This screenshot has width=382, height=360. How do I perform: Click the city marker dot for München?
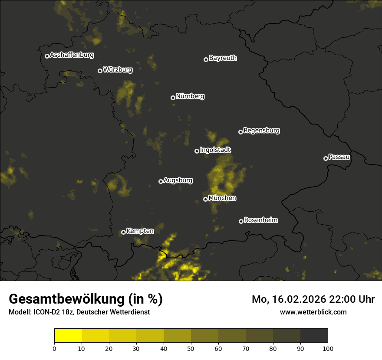click(x=206, y=200)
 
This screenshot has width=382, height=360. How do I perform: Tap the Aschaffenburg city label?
click(x=72, y=55)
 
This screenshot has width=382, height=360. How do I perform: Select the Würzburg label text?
click(x=118, y=69)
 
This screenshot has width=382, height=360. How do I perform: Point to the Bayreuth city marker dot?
click(x=206, y=59)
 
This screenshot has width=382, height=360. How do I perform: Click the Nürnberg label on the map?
click(x=190, y=96)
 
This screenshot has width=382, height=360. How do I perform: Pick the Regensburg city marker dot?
click(x=241, y=132)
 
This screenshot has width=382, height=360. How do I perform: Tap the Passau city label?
click(x=339, y=157)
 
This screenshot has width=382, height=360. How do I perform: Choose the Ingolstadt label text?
click(x=215, y=150)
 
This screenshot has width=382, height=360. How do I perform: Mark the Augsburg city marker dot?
click(x=161, y=181)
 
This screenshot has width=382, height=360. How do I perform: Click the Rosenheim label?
click(x=260, y=220)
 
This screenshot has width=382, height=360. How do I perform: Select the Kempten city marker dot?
click(x=124, y=232)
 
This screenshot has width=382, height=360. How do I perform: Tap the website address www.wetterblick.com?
click(x=313, y=312)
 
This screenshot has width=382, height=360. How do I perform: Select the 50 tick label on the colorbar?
click(x=191, y=348)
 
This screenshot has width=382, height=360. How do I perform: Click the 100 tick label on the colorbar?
click(x=328, y=348)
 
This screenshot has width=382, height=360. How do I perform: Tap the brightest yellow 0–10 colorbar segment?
click(x=68, y=336)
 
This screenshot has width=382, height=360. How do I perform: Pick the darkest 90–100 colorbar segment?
click(x=314, y=336)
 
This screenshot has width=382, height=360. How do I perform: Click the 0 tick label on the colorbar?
click(x=54, y=348)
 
